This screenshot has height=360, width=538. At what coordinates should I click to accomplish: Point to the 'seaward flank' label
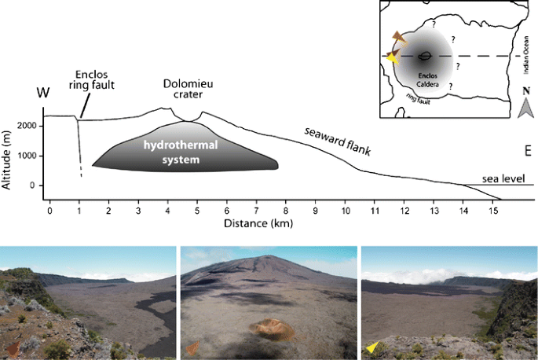click(x=337, y=139)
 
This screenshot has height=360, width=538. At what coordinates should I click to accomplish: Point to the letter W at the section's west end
click(x=43, y=94)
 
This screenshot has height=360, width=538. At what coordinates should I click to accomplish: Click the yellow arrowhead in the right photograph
click(x=371, y=347)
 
